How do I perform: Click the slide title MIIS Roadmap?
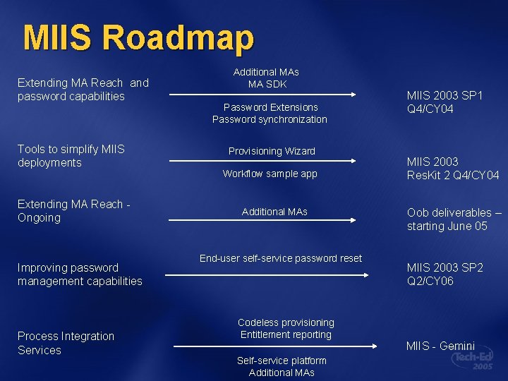pyautogui.click(x=138, y=38)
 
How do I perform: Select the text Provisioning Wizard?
pyautogui.click(x=272, y=151)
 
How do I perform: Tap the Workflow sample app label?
pyautogui.click(x=270, y=174)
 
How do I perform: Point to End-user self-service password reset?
pyautogui.click(x=281, y=258)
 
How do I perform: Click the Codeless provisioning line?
pyautogui.click(x=286, y=322)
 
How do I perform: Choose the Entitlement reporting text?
pyautogui.click(x=286, y=334)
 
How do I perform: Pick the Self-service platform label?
pyautogui.click(x=282, y=361)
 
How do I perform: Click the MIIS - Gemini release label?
pyautogui.click(x=440, y=346)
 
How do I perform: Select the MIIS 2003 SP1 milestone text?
pyautogui.click(x=445, y=102)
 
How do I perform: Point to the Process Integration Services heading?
pyautogui.click(x=66, y=343)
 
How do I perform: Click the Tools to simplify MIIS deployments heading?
pyautogui.click(x=71, y=156)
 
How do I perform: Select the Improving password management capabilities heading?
pyautogui.click(x=80, y=274)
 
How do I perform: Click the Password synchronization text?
pyautogui.click(x=270, y=119)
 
